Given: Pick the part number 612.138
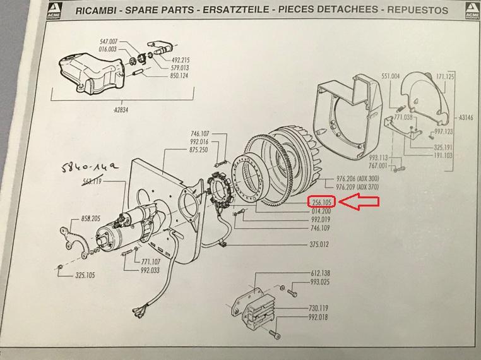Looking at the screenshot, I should pos(319,273).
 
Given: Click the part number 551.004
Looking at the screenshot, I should pos(390,76).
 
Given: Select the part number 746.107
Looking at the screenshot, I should pos(199,134).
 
